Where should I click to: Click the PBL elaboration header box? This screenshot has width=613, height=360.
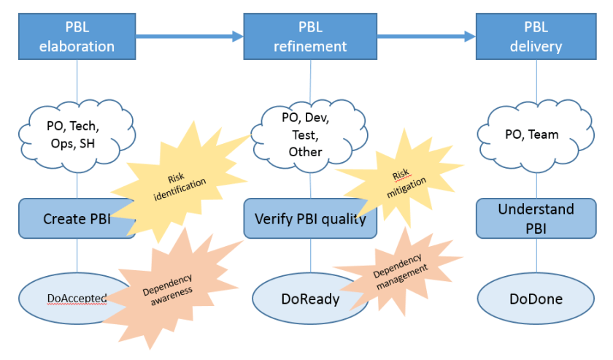click(x=77, y=37)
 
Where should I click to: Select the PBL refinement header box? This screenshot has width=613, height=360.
click(x=310, y=37)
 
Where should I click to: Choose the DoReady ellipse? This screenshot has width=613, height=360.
click(x=306, y=299)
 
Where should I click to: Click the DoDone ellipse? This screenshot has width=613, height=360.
click(x=536, y=299)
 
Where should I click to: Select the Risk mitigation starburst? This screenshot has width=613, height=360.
click(x=401, y=181)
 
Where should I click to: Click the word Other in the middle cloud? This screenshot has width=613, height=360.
click(x=305, y=152)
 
